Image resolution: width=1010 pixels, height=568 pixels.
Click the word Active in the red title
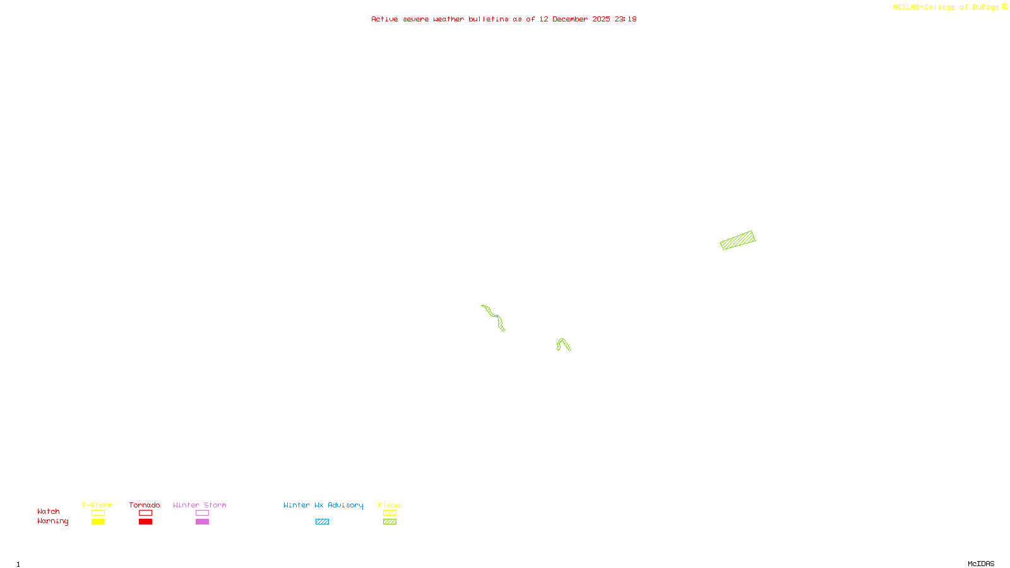(x=384, y=20)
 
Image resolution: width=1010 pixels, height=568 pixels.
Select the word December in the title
(x=570, y=20)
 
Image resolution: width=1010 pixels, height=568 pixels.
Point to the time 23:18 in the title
(x=626, y=20)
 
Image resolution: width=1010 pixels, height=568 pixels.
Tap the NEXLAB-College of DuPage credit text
(x=946, y=8)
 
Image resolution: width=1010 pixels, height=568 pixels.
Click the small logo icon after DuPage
(x=1004, y=7)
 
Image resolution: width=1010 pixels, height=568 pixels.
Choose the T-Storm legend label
(x=97, y=505)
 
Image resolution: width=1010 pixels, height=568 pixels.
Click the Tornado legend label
(x=145, y=505)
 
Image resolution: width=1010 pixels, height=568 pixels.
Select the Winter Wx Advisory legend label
(x=323, y=505)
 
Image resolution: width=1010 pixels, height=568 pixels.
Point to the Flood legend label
(x=389, y=505)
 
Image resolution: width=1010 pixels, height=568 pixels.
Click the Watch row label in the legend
(x=49, y=512)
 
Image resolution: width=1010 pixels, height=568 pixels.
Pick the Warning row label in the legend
(x=53, y=521)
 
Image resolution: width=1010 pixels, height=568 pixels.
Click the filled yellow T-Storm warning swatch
(x=98, y=522)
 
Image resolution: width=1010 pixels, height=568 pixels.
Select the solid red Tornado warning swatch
(x=146, y=522)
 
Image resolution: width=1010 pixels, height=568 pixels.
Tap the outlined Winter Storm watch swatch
(x=202, y=513)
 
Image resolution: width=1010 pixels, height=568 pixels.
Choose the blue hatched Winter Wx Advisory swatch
(x=322, y=522)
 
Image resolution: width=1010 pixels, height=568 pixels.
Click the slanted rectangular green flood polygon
(x=737, y=240)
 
